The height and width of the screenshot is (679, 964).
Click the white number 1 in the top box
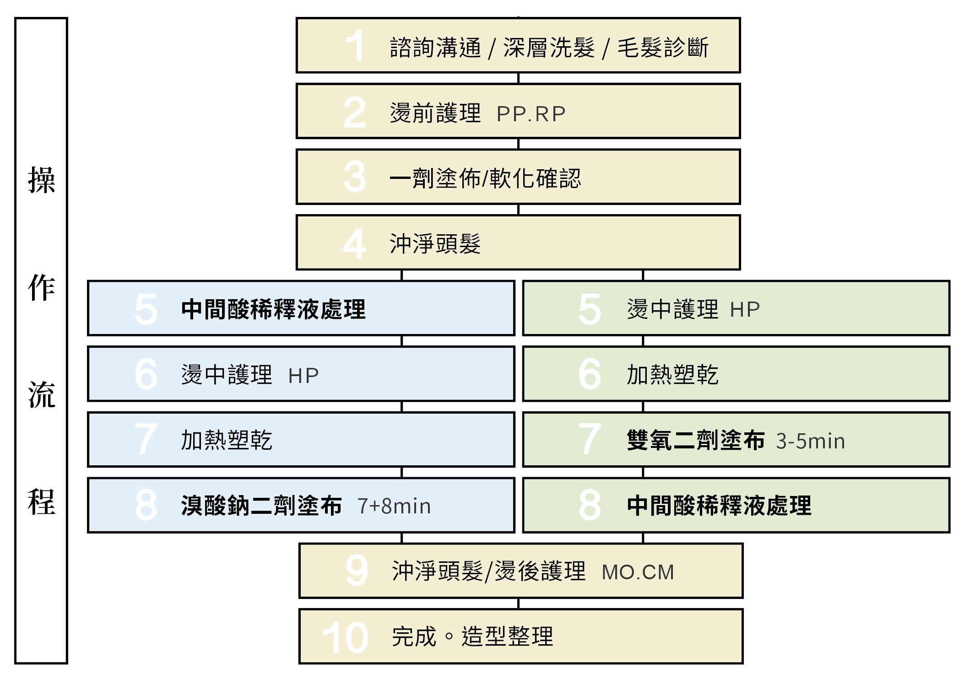click(355, 46)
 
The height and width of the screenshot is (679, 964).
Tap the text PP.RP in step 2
click(531, 114)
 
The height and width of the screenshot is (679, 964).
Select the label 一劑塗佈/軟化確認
click(485, 178)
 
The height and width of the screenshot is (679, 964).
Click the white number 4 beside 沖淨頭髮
click(355, 244)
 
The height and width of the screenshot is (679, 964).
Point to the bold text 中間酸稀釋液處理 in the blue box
click(273, 309)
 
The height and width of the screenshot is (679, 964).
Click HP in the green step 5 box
click(745, 310)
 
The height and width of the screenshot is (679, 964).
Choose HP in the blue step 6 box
click(303, 376)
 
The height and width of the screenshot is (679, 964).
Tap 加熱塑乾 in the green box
click(672, 375)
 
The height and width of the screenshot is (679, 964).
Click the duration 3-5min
click(810, 441)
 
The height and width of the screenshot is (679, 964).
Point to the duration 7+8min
click(394, 506)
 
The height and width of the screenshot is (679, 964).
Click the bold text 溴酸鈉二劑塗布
click(261, 506)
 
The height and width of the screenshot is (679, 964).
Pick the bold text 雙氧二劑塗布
click(695, 441)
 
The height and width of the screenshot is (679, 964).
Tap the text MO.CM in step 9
click(638, 572)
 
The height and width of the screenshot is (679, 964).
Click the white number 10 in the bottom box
click(346, 637)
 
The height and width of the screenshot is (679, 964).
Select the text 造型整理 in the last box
click(507, 636)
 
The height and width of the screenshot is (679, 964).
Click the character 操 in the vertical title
click(41, 180)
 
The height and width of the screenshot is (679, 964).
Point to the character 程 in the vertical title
click(41, 502)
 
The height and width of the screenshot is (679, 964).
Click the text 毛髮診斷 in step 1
click(663, 48)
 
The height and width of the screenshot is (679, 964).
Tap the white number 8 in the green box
click(590, 505)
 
